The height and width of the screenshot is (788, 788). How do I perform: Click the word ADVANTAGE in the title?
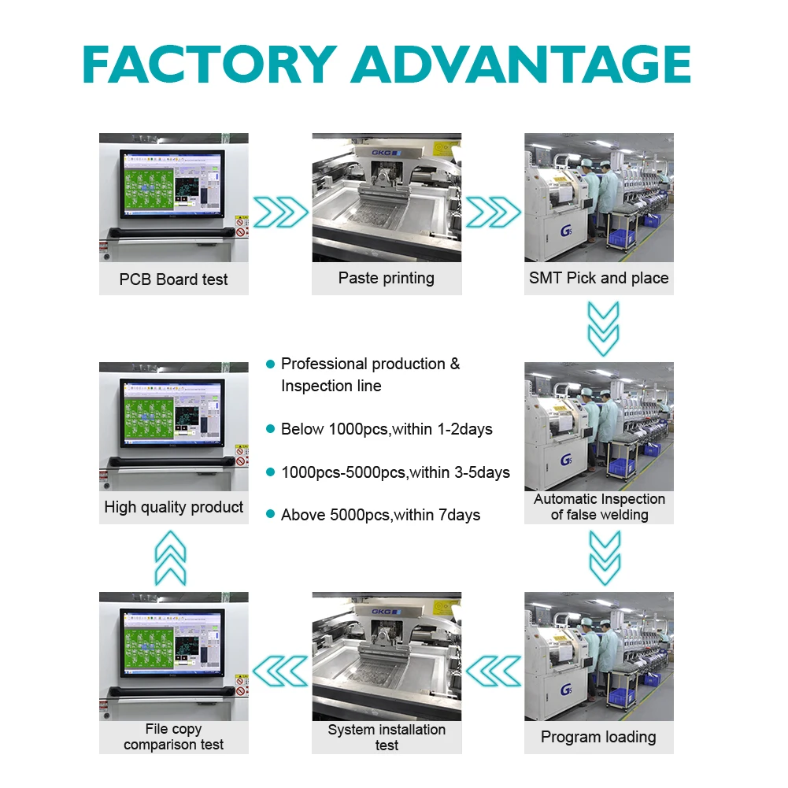[521, 65]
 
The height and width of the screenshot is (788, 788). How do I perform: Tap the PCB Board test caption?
[174, 279]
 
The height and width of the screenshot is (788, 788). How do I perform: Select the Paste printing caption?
[387, 278]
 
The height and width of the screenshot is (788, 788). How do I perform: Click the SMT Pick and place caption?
[599, 278]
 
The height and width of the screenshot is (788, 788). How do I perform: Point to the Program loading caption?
[598, 738]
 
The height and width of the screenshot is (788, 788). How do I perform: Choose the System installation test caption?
[387, 738]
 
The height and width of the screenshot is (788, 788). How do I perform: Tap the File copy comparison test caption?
[174, 737]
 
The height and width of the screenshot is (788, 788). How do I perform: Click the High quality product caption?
[174, 508]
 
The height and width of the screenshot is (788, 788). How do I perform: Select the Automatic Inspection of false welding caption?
[599, 507]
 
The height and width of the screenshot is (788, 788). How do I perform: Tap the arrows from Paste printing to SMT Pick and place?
[494, 212]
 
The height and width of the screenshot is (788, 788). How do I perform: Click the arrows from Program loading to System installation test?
[494, 671]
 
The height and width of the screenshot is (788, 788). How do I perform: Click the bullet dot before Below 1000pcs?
[270, 429]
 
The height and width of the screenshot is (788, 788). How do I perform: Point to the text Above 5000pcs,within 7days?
[380, 516]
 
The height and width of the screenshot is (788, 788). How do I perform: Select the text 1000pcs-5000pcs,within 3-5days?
[395, 472]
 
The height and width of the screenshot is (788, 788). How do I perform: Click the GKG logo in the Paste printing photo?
[386, 153]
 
